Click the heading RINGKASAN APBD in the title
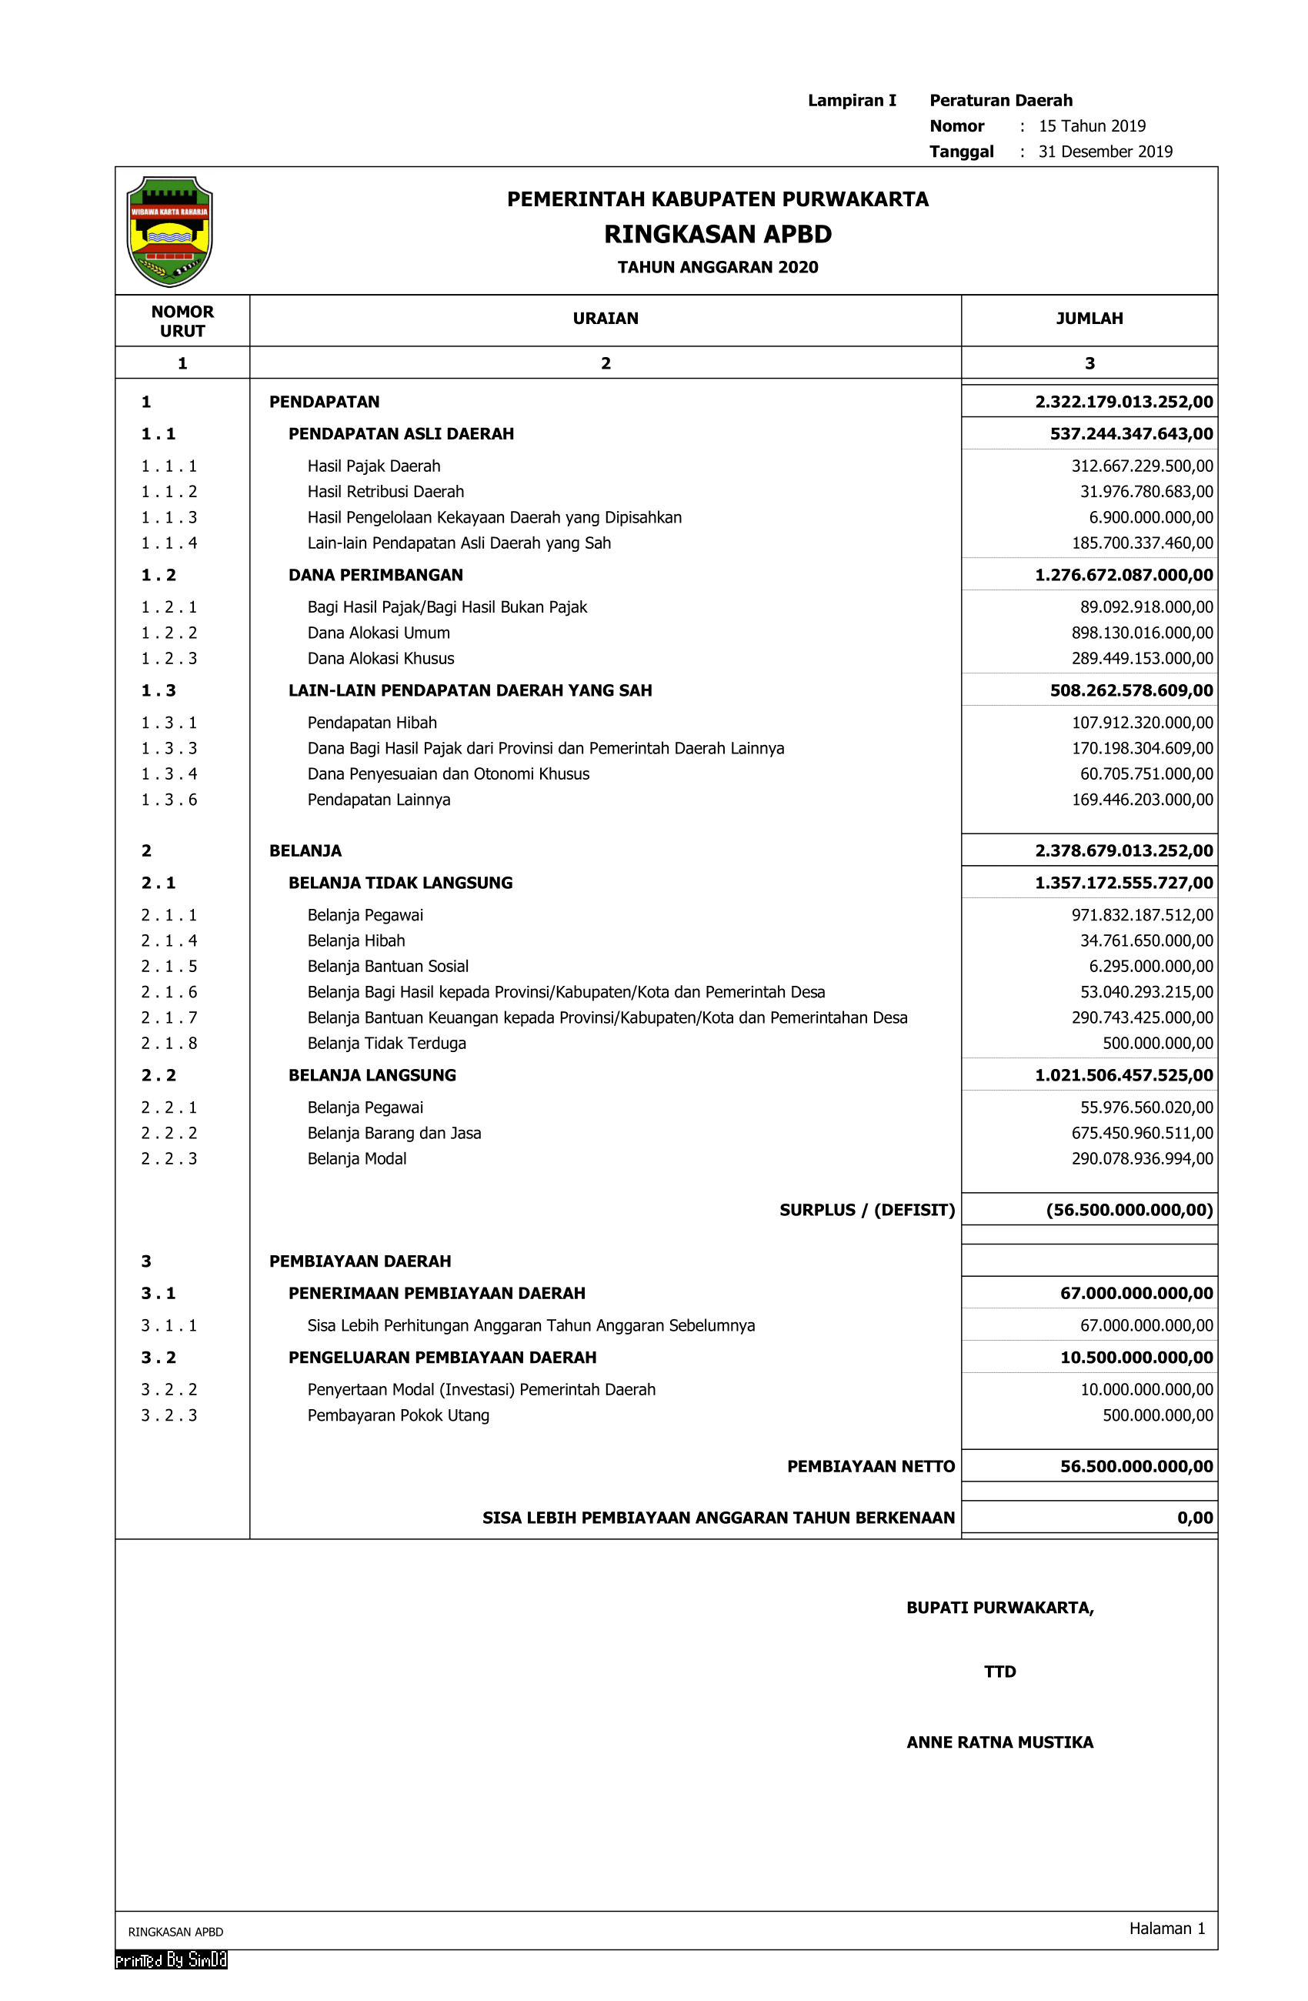[x=717, y=234]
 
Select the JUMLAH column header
[x=1089, y=319]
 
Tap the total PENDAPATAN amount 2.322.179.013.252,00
[x=1123, y=402]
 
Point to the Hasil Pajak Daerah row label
[x=373, y=466]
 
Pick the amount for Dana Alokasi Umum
[x=1142, y=633]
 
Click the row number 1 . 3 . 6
[x=169, y=800]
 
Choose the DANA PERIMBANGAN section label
[x=375, y=575]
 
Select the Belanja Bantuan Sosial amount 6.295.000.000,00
[x=1150, y=966]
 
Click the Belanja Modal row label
[x=356, y=1158]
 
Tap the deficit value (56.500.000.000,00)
[x=1128, y=1210]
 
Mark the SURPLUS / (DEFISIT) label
[x=866, y=1210]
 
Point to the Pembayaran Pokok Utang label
[x=398, y=1415]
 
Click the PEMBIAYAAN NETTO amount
[x=1136, y=1466]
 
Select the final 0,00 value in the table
[x=1195, y=1518]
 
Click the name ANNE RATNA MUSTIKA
[x=999, y=1742]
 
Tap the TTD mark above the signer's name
[x=999, y=1672]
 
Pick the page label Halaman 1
[x=1166, y=1928]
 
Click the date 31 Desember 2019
[x=1105, y=152]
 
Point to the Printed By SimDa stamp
[x=171, y=1959]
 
